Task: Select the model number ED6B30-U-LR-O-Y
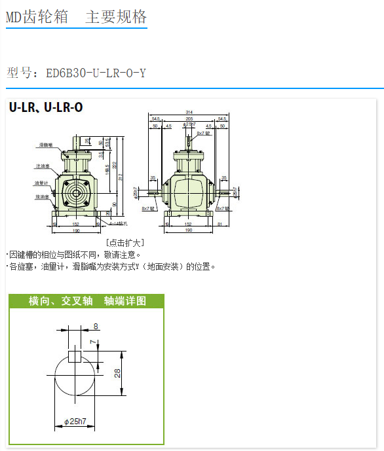96,73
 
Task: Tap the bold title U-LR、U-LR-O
46,107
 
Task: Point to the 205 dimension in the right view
189,118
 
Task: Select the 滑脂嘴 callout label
45,144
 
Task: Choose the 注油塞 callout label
43,166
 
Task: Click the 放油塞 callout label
43,196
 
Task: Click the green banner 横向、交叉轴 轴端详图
86,301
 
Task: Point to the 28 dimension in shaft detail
117,373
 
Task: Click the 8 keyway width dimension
96,326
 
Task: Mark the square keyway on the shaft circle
74,356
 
